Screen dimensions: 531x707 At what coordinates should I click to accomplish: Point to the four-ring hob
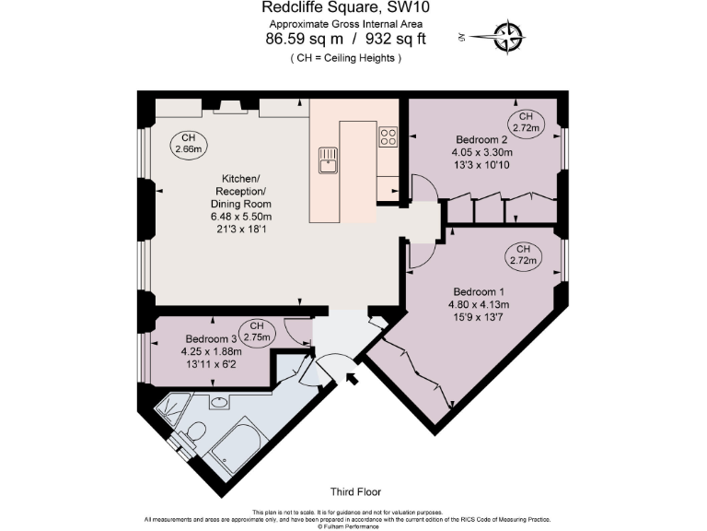pos(388,137)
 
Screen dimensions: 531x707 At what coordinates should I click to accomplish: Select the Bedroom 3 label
pos(211,338)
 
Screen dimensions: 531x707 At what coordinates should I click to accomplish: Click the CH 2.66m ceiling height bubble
pos(189,142)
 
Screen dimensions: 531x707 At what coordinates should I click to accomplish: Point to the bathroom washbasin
pos(219,402)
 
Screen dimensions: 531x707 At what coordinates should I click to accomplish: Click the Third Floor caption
pos(354,492)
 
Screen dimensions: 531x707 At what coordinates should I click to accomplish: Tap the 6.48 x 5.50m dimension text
pos(241,217)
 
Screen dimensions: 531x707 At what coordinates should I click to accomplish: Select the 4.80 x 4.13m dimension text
pos(479,304)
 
